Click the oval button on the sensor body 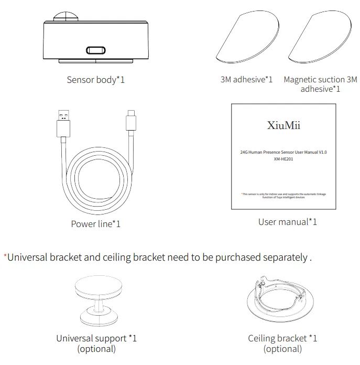click(96, 51)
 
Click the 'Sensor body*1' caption click(95, 80)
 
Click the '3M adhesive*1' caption click(246, 80)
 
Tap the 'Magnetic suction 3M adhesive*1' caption click(320, 84)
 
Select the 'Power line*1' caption click(95, 224)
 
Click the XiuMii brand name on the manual click(283, 126)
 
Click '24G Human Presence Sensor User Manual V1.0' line click(283, 152)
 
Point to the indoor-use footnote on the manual click(283, 196)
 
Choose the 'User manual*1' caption click(287, 222)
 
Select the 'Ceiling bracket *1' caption click(282, 338)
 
